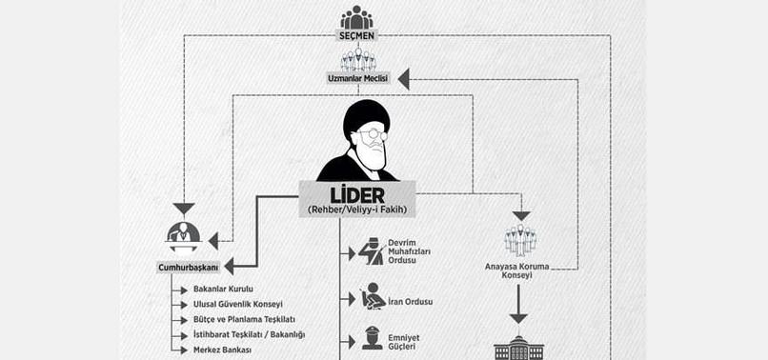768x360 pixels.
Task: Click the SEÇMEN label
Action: pyautogui.click(x=356, y=36)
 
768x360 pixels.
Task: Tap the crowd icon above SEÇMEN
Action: pyautogui.click(x=356, y=17)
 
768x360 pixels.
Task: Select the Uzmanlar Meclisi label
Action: pyautogui.click(x=358, y=77)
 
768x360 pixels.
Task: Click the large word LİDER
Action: pyautogui.click(x=357, y=195)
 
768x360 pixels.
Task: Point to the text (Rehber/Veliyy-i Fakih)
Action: pyautogui.click(x=357, y=210)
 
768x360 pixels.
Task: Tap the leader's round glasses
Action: pyautogui.click(x=373, y=134)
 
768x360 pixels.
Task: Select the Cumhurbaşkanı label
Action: pyautogui.click(x=189, y=268)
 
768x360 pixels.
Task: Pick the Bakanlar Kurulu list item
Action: pyautogui.click(x=223, y=289)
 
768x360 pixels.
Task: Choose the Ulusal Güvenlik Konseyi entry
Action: pyautogui.click(x=238, y=304)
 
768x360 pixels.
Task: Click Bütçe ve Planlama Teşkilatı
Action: pyautogui.click(x=245, y=319)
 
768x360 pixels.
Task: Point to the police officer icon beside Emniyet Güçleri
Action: pyautogui.click(x=373, y=338)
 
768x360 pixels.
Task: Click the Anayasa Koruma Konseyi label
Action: pyautogui.click(x=517, y=270)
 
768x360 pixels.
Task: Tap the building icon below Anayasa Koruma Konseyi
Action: pyautogui.click(x=518, y=348)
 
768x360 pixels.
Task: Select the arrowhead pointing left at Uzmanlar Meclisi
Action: pyautogui.click(x=404, y=79)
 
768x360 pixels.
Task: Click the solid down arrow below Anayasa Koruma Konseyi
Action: pyautogui.click(x=518, y=304)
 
